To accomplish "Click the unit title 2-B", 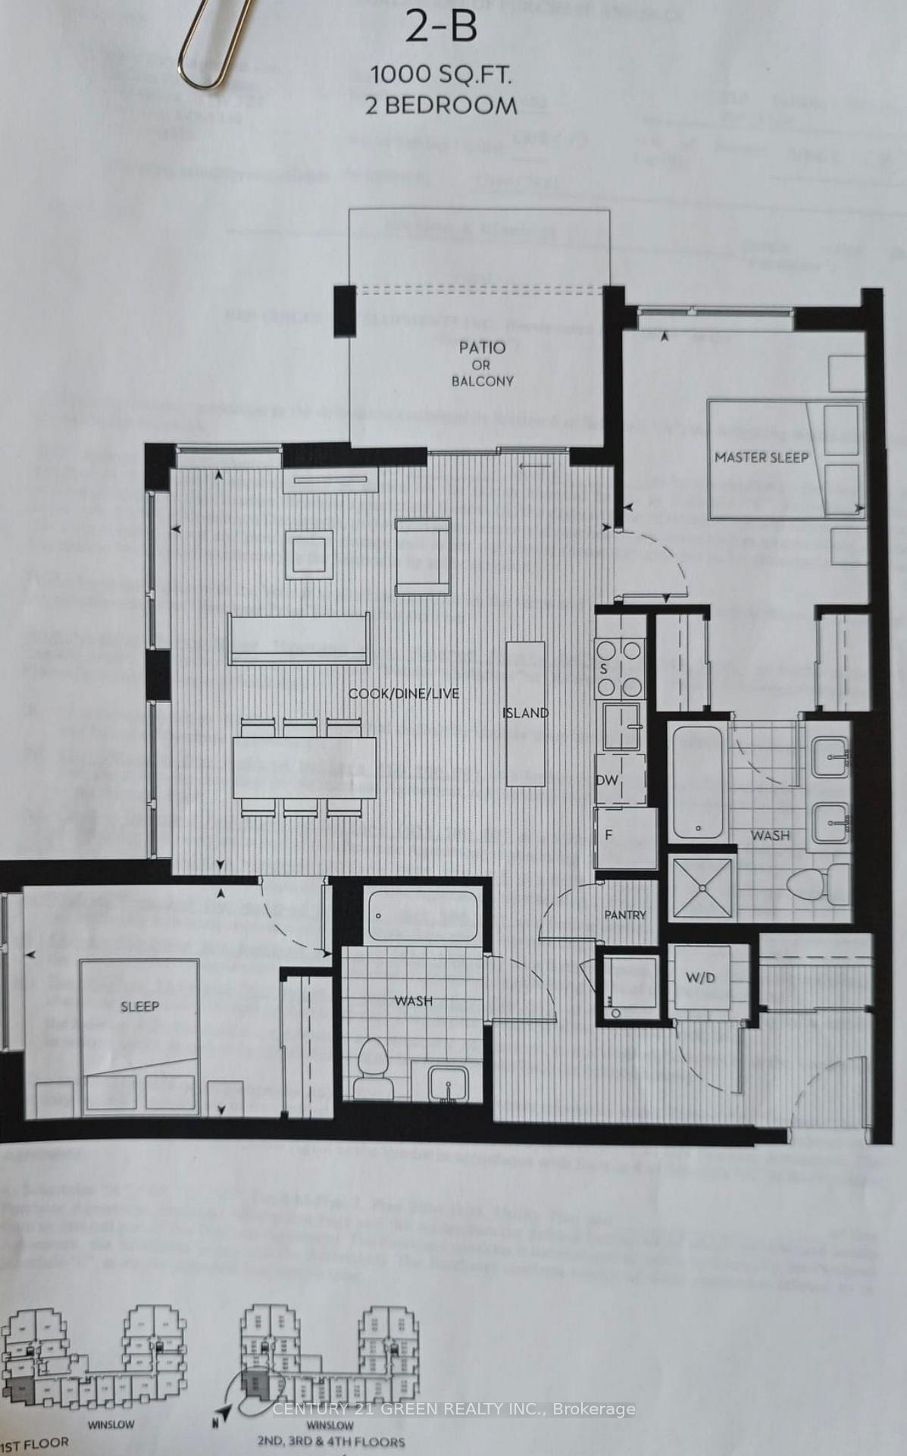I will coord(441,28).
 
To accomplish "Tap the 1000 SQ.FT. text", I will coord(440,74).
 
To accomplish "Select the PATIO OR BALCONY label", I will coord(482,364).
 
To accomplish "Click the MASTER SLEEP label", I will coord(761,457).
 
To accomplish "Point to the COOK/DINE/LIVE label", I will coord(403,693).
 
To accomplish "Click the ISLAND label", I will coord(525,713).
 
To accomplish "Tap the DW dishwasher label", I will coord(607,780).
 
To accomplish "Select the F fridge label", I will coord(608,835).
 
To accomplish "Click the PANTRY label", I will coord(625,915).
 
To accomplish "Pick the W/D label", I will coord(700,977).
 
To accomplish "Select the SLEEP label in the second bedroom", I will coord(139,1006).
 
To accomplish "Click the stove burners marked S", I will coord(621,667).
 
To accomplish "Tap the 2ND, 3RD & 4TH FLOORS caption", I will coord(330,1441).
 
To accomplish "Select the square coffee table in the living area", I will coord(309,548).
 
